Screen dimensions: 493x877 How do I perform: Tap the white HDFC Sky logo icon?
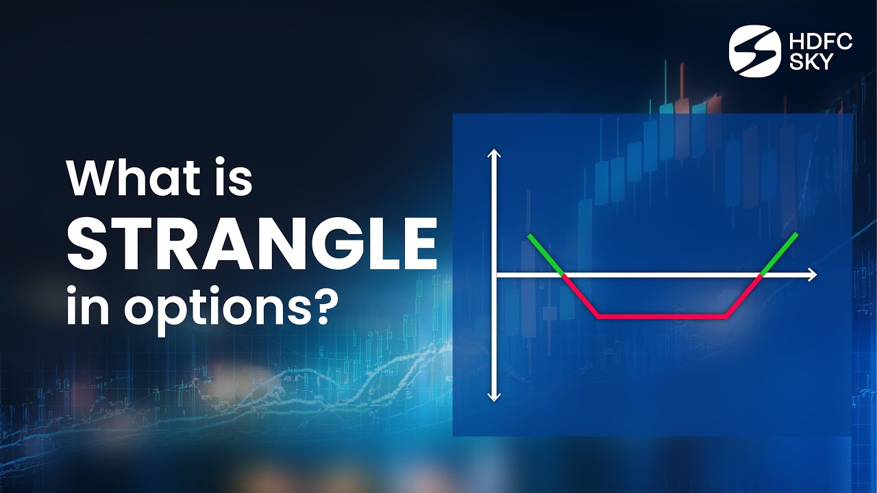754,51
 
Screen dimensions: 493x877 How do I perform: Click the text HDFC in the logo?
821,42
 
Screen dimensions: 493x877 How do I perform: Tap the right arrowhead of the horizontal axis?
812,275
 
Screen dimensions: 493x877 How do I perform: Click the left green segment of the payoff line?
545,255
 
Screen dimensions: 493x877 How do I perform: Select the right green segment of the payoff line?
779,254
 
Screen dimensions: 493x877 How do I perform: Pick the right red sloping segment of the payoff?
743,296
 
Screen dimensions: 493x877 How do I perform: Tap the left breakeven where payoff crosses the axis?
563,275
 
